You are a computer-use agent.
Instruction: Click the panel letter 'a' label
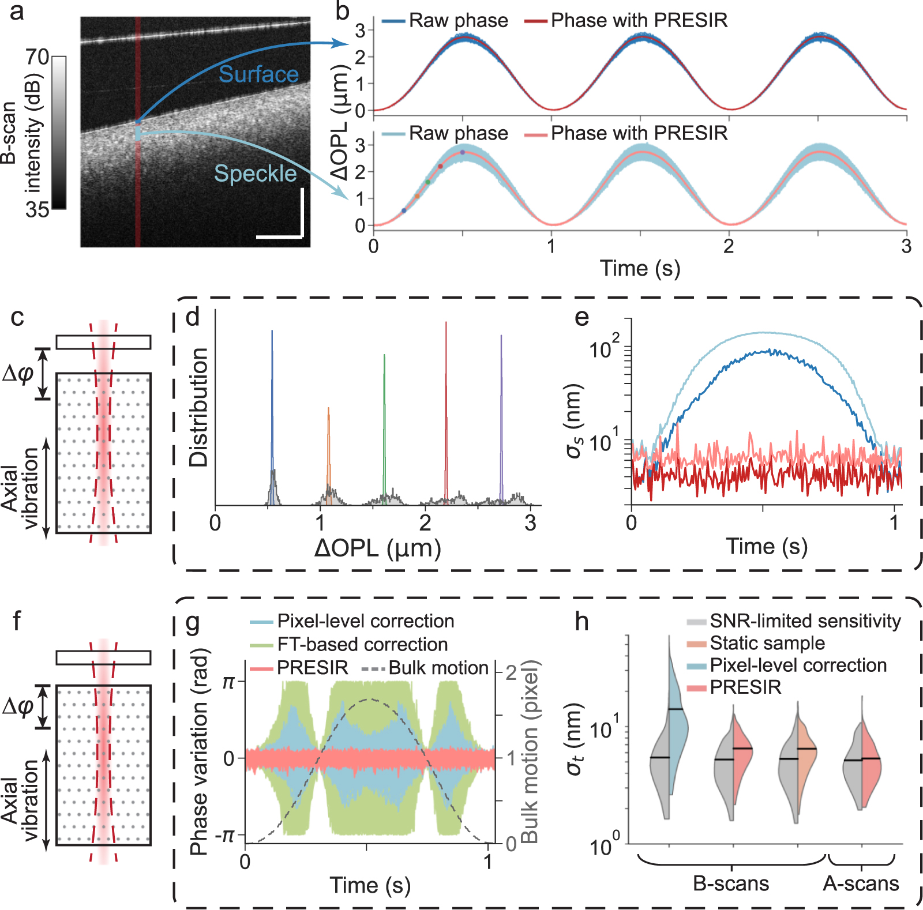point(17,12)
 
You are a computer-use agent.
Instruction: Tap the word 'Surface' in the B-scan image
point(258,74)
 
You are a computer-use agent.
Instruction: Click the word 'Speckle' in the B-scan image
point(255,174)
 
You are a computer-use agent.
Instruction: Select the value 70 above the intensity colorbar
point(37,57)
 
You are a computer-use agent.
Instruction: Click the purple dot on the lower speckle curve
point(462,152)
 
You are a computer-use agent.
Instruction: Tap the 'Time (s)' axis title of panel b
point(640,268)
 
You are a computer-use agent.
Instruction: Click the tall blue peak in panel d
point(272,404)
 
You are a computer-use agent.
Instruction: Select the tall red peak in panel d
point(446,404)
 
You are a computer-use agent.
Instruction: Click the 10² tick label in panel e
point(604,347)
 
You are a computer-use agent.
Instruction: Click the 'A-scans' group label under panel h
point(861,883)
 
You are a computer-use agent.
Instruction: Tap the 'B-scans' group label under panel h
point(731,883)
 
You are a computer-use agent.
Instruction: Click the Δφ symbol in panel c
point(18,374)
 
